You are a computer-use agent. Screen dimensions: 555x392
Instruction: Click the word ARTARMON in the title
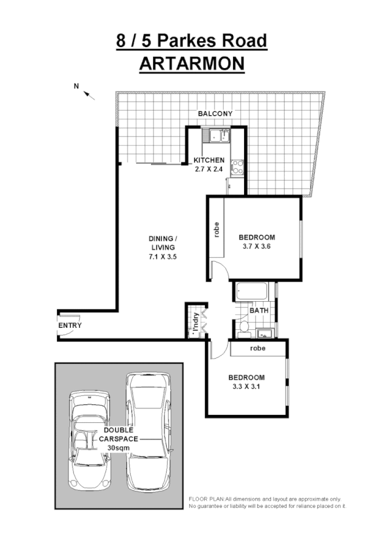(x=192, y=63)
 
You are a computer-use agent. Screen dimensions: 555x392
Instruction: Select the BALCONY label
(x=215, y=114)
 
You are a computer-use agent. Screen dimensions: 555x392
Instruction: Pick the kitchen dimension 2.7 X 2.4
(x=209, y=169)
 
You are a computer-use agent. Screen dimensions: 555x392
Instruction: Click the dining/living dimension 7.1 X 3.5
(x=162, y=257)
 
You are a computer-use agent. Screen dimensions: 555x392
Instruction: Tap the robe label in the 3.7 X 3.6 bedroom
(x=216, y=230)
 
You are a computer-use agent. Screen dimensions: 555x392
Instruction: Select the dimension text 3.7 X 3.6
(x=257, y=247)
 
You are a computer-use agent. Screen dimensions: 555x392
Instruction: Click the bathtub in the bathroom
(x=254, y=291)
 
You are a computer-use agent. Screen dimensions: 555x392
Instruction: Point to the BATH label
(x=258, y=312)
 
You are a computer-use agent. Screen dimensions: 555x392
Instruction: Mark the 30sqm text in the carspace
(x=119, y=448)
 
